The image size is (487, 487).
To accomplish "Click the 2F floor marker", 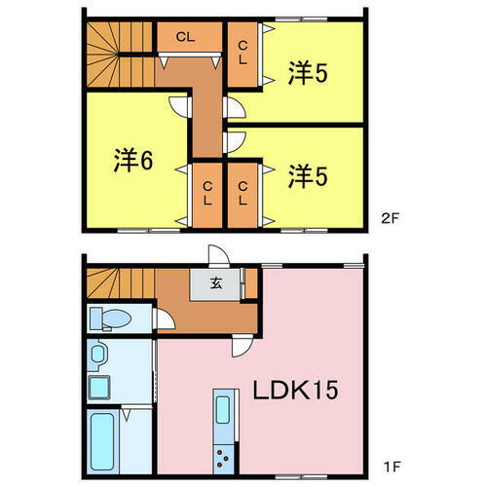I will tap(390, 218).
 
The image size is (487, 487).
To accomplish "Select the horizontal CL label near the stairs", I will tap(185, 37).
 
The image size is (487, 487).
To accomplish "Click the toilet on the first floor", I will tap(109, 318).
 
